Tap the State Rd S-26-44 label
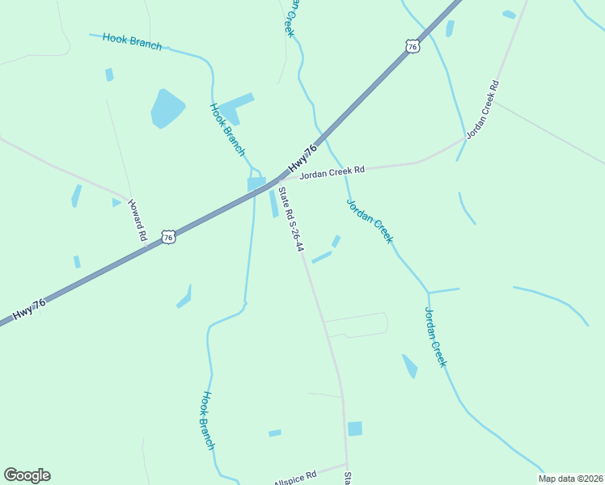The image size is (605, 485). point(290,219)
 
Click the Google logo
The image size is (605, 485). point(27,475)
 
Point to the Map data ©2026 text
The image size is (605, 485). point(570,479)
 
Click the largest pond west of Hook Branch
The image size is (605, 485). point(167,108)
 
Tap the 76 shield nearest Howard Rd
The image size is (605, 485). point(167,237)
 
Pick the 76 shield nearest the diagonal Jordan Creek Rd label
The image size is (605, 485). point(413,46)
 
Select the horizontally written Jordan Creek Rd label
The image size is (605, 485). point(332,171)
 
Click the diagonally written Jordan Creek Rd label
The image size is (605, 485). point(484,110)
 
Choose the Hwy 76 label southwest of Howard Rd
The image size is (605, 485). point(28,309)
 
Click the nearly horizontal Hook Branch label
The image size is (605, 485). point(132,42)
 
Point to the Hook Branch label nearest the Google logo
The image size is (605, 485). point(208,420)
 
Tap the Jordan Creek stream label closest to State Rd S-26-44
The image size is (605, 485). point(370,221)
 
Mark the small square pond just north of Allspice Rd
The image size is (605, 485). point(354,428)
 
